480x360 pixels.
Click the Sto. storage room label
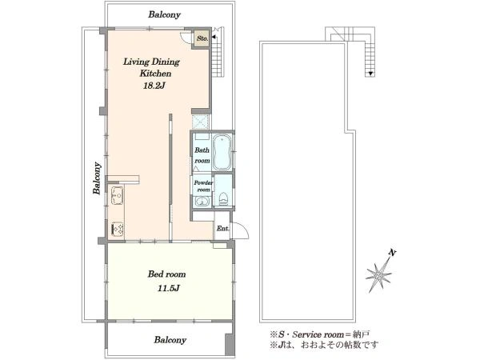click(202, 38)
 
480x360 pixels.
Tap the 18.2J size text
click(154, 86)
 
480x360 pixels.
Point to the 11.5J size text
click(168, 288)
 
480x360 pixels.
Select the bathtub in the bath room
click(222, 152)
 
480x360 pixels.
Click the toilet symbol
click(224, 199)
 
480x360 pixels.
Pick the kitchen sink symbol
click(118, 195)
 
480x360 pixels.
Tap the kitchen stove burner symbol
click(118, 229)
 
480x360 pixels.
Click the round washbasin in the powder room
click(202, 202)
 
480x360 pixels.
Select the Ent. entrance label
click(223, 228)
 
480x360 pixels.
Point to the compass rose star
click(379, 275)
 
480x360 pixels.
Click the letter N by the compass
click(392, 253)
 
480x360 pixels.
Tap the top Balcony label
click(164, 14)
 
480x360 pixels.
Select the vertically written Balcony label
click(97, 178)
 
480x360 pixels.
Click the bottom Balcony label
click(170, 340)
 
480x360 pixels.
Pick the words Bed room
click(167, 274)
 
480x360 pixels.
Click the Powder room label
click(203, 186)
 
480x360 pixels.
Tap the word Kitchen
click(155, 74)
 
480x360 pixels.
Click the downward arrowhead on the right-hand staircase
click(370, 74)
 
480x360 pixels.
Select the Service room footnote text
click(320, 334)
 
